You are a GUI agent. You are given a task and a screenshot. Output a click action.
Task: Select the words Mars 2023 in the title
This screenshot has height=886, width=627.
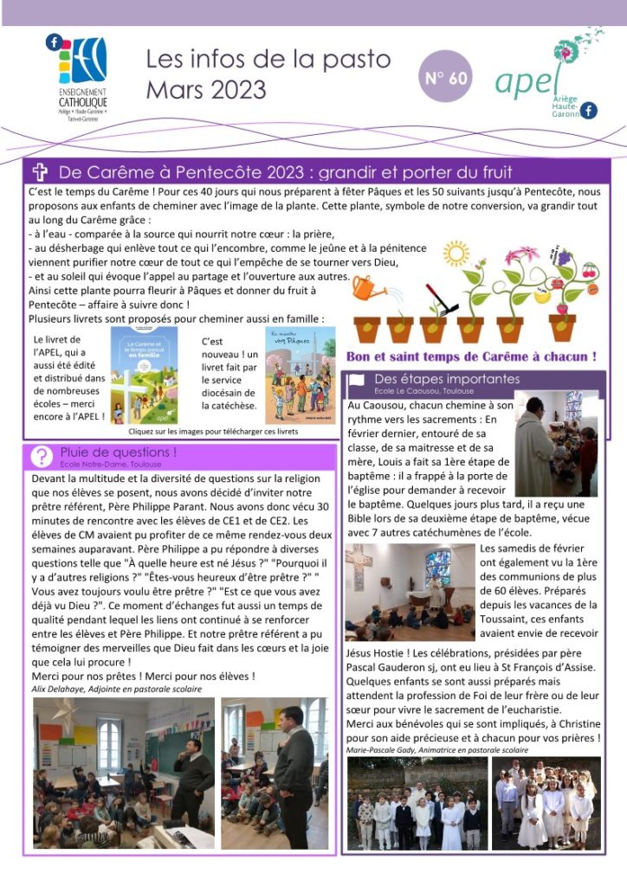pyautogui.click(x=206, y=89)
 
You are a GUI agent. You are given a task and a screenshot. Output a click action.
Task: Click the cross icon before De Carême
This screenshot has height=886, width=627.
pyautogui.click(x=40, y=171)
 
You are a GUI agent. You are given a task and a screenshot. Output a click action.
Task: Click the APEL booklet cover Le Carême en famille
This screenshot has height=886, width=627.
pyautogui.click(x=145, y=374)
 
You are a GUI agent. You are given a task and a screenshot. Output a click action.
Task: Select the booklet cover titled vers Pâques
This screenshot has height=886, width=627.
pyautogui.click(x=300, y=374)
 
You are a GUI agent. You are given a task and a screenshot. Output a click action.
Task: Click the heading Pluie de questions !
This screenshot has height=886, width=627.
pyautogui.click(x=119, y=452)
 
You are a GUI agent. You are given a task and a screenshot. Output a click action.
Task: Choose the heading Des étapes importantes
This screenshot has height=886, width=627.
pyautogui.click(x=447, y=379)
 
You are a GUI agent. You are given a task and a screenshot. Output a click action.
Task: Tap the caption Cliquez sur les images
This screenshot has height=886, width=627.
pyautogui.click(x=214, y=431)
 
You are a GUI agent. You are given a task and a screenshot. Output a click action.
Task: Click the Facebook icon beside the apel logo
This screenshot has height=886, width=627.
pyautogui.click(x=589, y=110)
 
